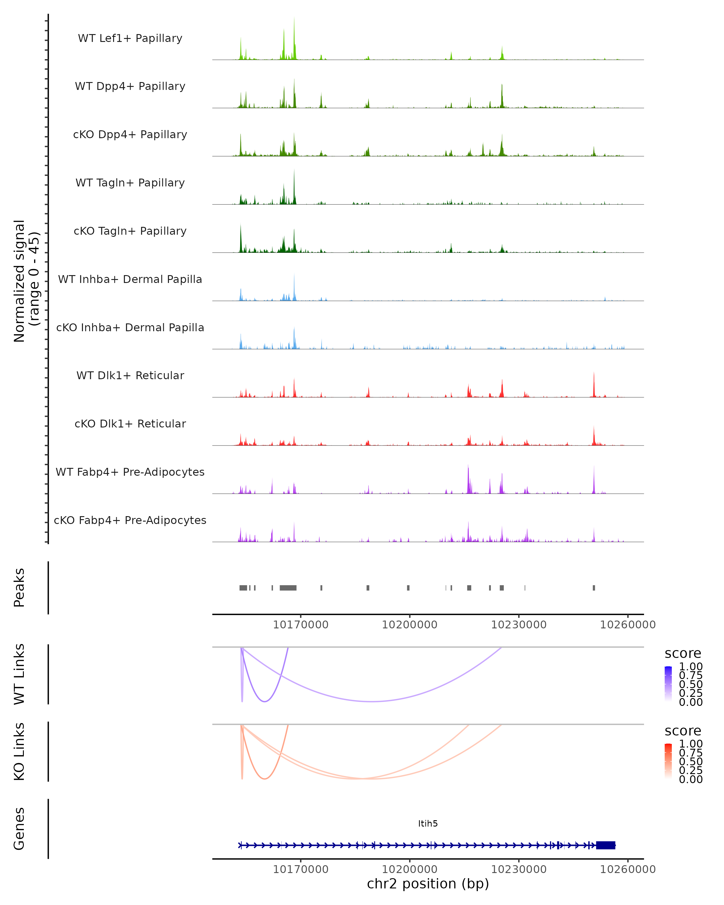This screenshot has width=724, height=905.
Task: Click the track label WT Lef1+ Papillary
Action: (130, 38)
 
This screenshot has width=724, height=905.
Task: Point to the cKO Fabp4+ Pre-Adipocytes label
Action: (130, 520)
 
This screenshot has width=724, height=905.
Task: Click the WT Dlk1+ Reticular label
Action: (130, 375)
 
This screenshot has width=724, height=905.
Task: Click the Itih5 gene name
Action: (428, 824)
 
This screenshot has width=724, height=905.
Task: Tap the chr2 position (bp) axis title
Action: (428, 884)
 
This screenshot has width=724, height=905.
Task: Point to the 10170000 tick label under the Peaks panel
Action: (300, 625)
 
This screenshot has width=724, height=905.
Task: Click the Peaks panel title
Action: (19, 587)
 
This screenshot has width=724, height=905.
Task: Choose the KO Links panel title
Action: (19, 751)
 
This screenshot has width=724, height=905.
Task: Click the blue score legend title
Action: (682, 654)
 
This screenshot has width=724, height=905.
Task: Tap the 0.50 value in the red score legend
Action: (691, 761)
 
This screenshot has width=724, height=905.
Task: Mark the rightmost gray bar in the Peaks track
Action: (593, 588)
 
